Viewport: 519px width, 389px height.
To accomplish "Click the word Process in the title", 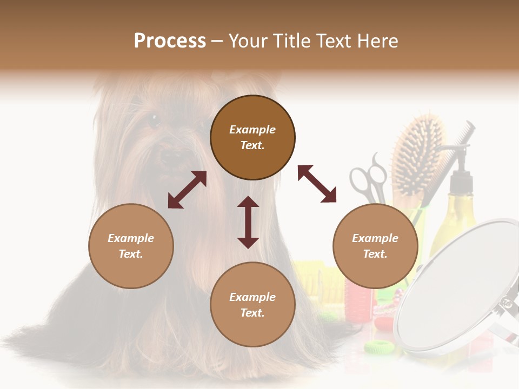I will click(170, 41).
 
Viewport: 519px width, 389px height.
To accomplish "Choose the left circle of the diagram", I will click(131, 246).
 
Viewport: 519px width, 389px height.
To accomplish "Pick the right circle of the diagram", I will click(375, 246).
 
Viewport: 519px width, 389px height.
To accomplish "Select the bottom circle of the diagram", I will click(252, 304).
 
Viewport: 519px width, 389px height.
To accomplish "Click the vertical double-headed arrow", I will click(248, 222).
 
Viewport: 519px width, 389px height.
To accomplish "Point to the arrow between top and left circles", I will click(187, 190).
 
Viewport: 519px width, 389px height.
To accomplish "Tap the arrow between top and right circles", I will click(317, 184).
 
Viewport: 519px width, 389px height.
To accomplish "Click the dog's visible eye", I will click(154, 120).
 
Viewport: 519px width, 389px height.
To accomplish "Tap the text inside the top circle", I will click(252, 137).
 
